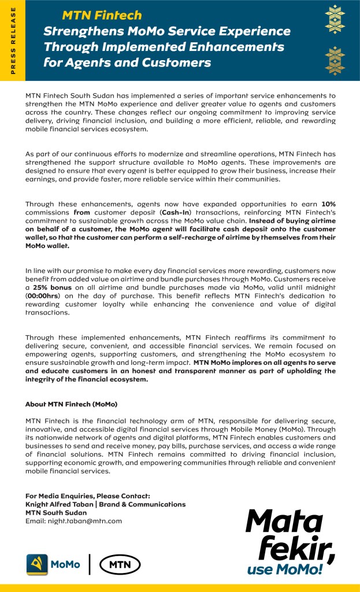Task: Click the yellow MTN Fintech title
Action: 101,16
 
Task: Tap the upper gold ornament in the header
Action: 335,20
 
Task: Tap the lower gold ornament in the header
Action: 335,61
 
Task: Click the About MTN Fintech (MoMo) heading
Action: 71,404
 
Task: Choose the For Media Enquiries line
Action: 87,496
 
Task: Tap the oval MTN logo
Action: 120,564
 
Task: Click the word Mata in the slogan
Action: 282,521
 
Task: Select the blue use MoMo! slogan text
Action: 285,569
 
